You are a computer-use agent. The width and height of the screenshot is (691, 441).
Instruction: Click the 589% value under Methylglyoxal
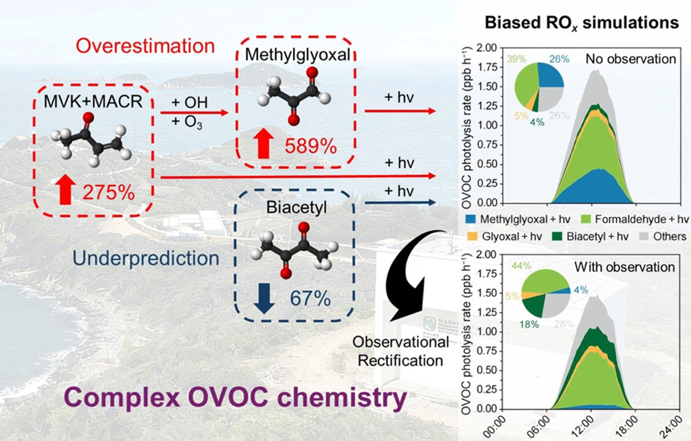311,146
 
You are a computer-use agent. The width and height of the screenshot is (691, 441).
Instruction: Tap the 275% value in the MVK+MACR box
108,192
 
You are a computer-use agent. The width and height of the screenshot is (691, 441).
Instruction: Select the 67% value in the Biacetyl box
311,299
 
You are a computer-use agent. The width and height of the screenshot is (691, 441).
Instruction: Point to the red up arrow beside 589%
263,144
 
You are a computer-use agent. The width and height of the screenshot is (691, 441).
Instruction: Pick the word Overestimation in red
145,46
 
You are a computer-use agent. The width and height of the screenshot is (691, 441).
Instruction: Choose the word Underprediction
146,258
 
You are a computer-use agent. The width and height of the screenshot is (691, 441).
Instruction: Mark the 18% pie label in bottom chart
529,325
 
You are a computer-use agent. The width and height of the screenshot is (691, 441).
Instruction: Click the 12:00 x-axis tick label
587,426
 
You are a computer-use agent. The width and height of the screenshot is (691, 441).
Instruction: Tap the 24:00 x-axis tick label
674,426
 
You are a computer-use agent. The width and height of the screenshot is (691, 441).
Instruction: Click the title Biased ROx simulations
581,22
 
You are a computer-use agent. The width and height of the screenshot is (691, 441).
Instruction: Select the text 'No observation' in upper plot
630,59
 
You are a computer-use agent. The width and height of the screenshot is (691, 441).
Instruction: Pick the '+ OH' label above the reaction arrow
189,103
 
